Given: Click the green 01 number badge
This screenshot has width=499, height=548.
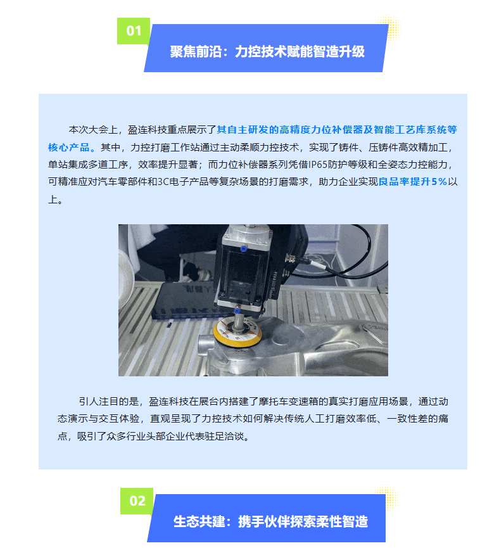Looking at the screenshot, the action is pyautogui.click(x=134, y=31).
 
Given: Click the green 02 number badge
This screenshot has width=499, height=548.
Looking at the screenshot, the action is pyautogui.click(x=137, y=501).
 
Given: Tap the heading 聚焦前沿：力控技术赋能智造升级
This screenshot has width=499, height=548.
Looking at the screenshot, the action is pyautogui.click(x=267, y=51).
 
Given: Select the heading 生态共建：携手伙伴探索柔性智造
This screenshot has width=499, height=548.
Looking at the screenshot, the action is pyautogui.click(x=271, y=521).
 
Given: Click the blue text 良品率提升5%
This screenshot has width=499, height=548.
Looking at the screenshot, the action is pyautogui.click(x=413, y=182).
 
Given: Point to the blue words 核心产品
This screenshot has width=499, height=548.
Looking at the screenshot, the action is pyautogui.click(x=69, y=148).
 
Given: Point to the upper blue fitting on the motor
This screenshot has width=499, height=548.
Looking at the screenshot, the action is pyautogui.click(x=244, y=248).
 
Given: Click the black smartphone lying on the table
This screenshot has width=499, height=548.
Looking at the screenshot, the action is pyautogui.click(x=185, y=300).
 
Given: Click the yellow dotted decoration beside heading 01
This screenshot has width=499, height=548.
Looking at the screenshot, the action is pyautogui.click(x=389, y=28).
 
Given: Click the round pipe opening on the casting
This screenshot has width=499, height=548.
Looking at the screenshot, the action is pyautogui.click(x=204, y=345).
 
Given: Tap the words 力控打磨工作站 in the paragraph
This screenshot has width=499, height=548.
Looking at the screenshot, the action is pyautogui.click(x=160, y=148).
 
